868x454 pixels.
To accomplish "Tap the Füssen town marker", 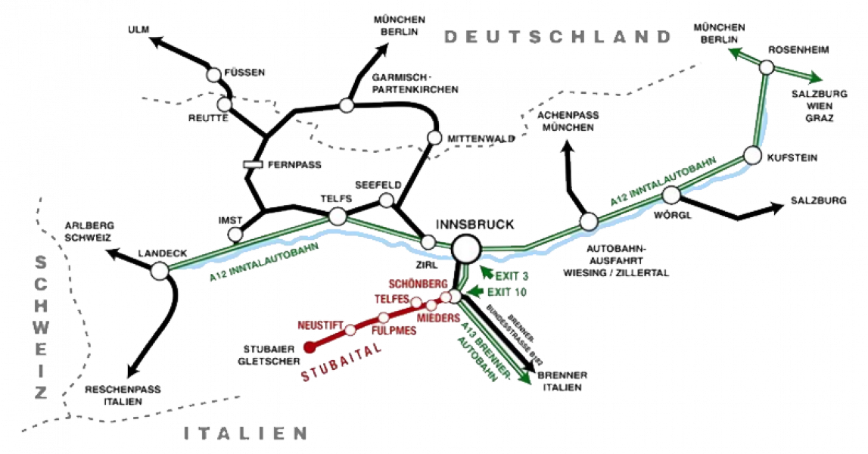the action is coord(213,75).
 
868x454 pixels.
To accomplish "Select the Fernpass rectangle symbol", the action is coord(253,164).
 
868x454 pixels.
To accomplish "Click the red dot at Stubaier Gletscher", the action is coord(310,347).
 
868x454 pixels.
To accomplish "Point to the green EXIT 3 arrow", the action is coord(486,272).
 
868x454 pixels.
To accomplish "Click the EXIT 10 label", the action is coord(506,292).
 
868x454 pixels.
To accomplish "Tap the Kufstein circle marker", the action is coord(753,156).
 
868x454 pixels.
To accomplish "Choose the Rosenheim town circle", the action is coord(767,67).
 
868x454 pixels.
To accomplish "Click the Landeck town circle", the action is coord(160,271).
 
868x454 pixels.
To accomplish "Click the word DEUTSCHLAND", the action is coord(558,37).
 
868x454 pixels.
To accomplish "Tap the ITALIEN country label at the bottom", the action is coord(245,433).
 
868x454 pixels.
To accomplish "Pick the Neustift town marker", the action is coord(350,331).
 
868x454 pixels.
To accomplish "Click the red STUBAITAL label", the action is coord(341,362).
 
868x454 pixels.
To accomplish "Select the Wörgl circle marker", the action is coord(671,195).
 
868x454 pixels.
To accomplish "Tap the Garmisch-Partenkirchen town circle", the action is coord(347,104).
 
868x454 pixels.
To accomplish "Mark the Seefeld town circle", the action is coord(386,200).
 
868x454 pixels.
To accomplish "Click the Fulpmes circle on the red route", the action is coord(384,318).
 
